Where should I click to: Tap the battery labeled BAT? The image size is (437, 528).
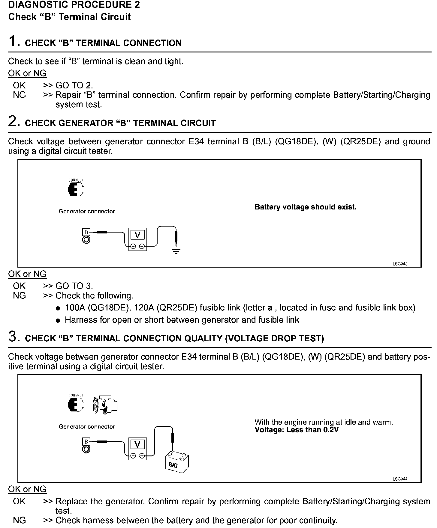pyautogui.click(x=177, y=463)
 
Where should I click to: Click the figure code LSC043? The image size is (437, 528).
pyautogui.click(x=400, y=264)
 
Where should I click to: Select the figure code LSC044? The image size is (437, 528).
pyautogui.click(x=400, y=479)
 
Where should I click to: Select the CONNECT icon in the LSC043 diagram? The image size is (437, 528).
pyautogui.click(x=76, y=188)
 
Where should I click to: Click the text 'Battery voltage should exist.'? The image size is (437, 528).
pyautogui.click(x=306, y=207)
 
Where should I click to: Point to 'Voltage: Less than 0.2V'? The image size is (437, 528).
pyautogui.click(x=297, y=430)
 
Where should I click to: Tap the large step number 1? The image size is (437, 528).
pyautogui.click(x=14, y=41)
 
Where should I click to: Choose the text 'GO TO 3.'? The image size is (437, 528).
pyautogui.click(x=74, y=286)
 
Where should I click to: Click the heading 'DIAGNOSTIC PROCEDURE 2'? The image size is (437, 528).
pyautogui.click(x=74, y=5)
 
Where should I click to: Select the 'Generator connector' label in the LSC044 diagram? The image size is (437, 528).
pyautogui.click(x=87, y=426)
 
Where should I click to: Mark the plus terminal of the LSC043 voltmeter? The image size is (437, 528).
pyautogui.click(x=133, y=246)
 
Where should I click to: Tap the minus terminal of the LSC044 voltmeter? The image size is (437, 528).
pyautogui.click(x=133, y=456)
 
